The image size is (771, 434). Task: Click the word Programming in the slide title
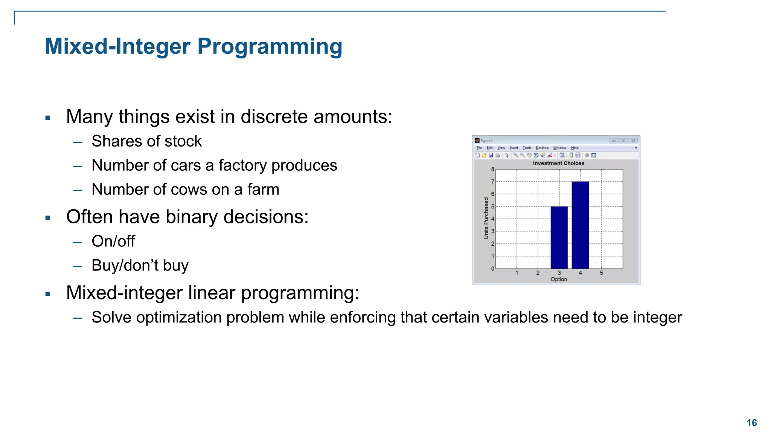(x=270, y=47)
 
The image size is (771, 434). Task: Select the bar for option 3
(x=559, y=237)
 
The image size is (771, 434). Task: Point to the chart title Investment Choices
(x=558, y=163)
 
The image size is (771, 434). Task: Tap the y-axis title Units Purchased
(x=486, y=218)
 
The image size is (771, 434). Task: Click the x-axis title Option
(x=559, y=279)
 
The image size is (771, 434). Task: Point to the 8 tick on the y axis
(x=492, y=169)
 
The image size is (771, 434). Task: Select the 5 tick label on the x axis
(x=601, y=273)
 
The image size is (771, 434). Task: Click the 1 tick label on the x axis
(x=517, y=273)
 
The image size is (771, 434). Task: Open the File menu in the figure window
(x=479, y=148)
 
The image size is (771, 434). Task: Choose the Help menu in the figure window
(x=574, y=148)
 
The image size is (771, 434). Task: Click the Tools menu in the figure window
(x=527, y=148)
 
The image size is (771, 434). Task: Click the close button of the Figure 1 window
(x=633, y=141)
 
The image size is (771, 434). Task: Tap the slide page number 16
(x=751, y=423)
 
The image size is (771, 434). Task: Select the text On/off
(x=113, y=241)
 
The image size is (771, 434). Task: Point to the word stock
(x=183, y=141)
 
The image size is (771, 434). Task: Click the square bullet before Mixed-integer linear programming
(x=47, y=294)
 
